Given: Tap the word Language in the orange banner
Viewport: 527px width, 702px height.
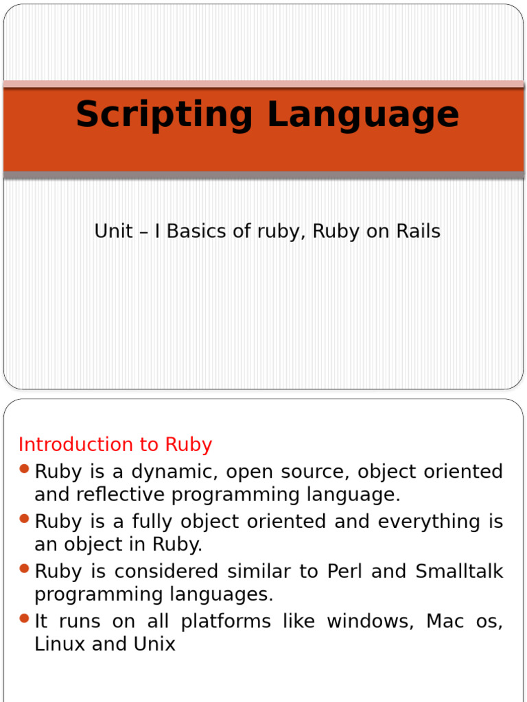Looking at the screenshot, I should tap(363, 115).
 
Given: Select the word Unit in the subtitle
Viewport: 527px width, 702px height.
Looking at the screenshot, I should tap(113, 232).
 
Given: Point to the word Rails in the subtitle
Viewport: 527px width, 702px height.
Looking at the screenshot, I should tap(418, 232).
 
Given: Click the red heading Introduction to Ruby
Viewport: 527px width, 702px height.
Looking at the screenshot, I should tap(115, 444).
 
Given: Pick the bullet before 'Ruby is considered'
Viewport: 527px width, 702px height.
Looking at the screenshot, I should tap(24, 569).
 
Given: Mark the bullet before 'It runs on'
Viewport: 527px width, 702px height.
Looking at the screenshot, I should tap(24, 619).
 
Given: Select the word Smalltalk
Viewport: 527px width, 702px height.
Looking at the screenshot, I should tap(462, 572).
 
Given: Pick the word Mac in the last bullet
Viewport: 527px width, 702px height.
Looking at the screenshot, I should tap(445, 622).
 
